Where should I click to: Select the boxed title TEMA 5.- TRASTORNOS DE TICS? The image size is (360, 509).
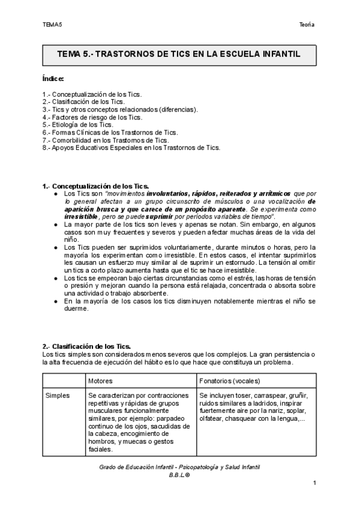(x=178, y=54)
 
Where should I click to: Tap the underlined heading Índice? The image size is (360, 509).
(x=53, y=79)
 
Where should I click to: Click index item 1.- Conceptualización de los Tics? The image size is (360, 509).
(x=92, y=94)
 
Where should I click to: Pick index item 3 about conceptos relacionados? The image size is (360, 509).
(x=120, y=109)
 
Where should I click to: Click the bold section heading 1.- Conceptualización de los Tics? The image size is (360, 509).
(x=96, y=187)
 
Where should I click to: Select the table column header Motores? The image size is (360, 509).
(x=100, y=381)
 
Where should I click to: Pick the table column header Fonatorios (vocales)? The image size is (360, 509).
(x=230, y=381)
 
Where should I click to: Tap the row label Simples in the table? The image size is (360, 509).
(x=58, y=396)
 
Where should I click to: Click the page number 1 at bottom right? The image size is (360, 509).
(x=314, y=483)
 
